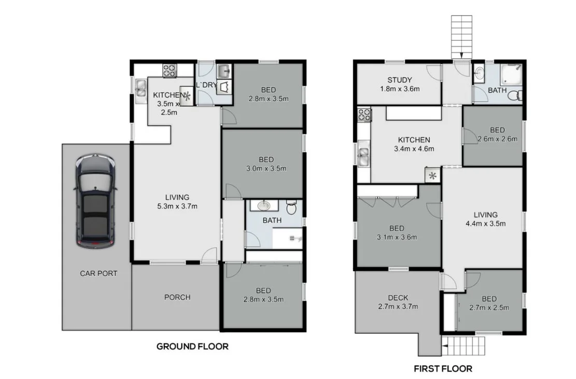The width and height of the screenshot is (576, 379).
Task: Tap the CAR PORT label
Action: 98,273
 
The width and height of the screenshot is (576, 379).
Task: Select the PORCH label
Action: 177,297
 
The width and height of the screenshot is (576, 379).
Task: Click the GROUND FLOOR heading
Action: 192,346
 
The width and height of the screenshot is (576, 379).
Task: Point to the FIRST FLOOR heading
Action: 443,369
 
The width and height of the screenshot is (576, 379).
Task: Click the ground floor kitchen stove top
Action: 170,71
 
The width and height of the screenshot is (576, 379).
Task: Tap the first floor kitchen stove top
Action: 364,115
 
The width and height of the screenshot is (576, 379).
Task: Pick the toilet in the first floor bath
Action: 515,96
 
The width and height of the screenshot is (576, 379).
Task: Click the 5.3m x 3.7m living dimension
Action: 177,206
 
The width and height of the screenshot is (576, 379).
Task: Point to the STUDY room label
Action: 400,80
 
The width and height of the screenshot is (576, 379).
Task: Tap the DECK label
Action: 398,298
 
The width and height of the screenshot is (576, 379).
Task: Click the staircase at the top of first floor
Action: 462,36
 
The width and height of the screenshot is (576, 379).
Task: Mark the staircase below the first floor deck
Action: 465,345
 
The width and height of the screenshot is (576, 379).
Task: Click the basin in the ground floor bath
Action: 264,206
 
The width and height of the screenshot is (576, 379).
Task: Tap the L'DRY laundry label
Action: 205,85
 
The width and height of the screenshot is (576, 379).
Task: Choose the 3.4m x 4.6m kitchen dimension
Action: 414,149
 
